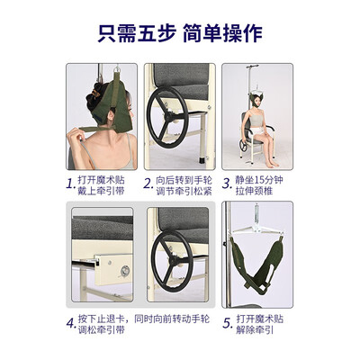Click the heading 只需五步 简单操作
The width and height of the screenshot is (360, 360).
coord(180,32)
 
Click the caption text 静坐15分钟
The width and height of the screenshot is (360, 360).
coord(262,180)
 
